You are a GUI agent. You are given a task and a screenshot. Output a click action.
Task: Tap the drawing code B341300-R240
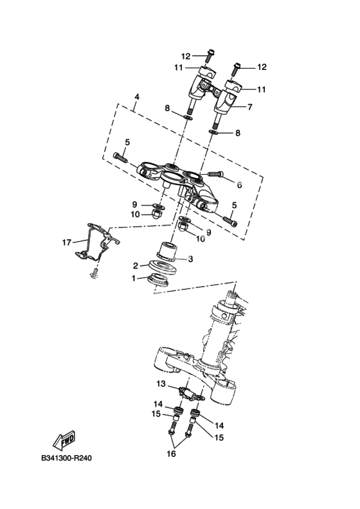coord(67,458)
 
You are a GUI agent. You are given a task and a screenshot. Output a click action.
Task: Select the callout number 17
coord(67,242)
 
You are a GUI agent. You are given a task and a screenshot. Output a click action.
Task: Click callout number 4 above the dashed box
coord(137,97)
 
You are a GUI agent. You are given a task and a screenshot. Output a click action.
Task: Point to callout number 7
coord(249,107)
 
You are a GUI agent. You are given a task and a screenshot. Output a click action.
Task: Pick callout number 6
coord(239,185)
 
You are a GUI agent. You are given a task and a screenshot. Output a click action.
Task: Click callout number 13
coord(161,384)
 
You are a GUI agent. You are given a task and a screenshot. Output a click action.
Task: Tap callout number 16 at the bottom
coord(171,454)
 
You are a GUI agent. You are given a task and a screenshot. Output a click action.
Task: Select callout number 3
coord(190,259)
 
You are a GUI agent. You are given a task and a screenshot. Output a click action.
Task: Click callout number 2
coord(136,266)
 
